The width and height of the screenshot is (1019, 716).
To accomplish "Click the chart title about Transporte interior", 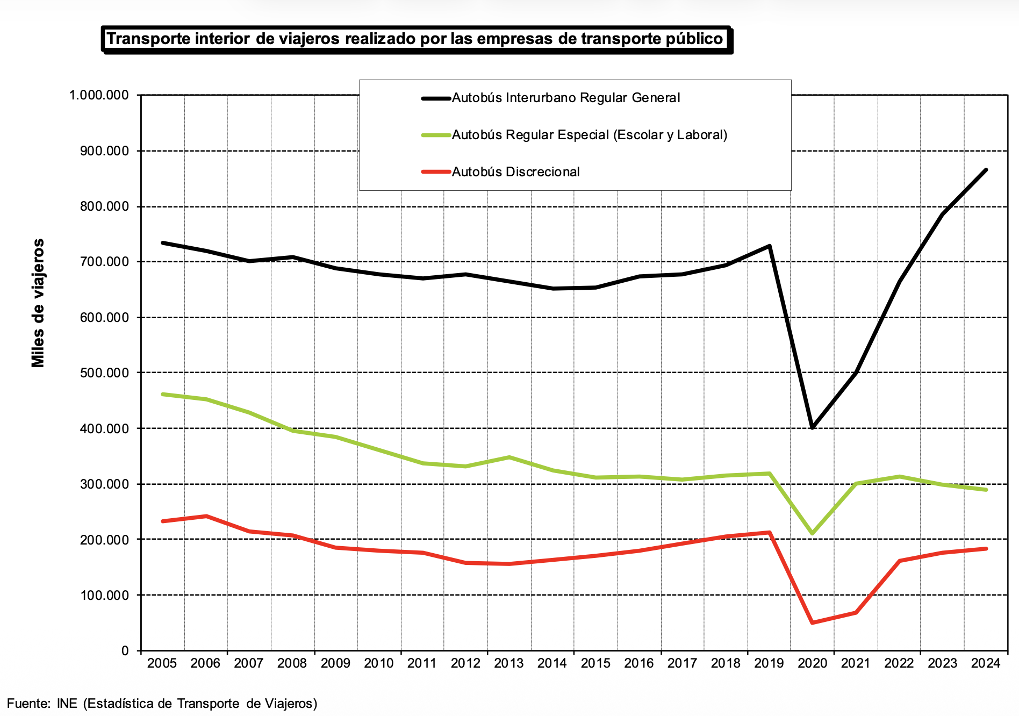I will [x=415, y=39].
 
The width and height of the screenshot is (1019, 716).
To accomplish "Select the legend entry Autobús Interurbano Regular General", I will [x=565, y=98].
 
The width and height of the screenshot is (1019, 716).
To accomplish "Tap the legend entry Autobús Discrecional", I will [x=515, y=172].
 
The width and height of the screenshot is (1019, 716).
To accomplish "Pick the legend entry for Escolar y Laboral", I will [x=589, y=135].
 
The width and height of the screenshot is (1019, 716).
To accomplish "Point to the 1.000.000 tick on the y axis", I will [x=99, y=95].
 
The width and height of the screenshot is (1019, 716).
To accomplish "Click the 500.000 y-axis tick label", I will [x=104, y=373].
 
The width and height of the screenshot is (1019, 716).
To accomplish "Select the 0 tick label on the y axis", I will [x=125, y=651].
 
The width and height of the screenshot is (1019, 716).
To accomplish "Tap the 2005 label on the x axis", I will [x=162, y=663].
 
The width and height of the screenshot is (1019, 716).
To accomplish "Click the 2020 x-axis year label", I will [x=812, y=663].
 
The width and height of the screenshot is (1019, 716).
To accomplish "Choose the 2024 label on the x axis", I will [x=986, y=663].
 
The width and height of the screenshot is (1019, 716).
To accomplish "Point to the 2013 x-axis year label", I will [x=508, y=663].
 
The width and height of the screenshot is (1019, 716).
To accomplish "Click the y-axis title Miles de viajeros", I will [x=38, y=303].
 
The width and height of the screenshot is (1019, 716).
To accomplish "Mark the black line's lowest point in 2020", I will [x=812, y=428].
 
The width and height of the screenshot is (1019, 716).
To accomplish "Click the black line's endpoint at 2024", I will [x=986, y=170].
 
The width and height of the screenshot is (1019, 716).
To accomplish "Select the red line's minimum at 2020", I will [x=812, y=622].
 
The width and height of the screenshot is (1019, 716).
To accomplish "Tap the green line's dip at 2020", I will [x=812, y=533].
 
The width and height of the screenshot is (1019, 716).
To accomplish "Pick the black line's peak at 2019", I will [x=770, y=246].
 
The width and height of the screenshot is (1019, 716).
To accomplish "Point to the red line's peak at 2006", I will [x=206, y=516].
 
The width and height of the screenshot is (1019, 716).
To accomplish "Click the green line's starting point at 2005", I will [x=162, y=394].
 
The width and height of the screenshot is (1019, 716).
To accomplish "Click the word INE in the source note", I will [x=67, y=704].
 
